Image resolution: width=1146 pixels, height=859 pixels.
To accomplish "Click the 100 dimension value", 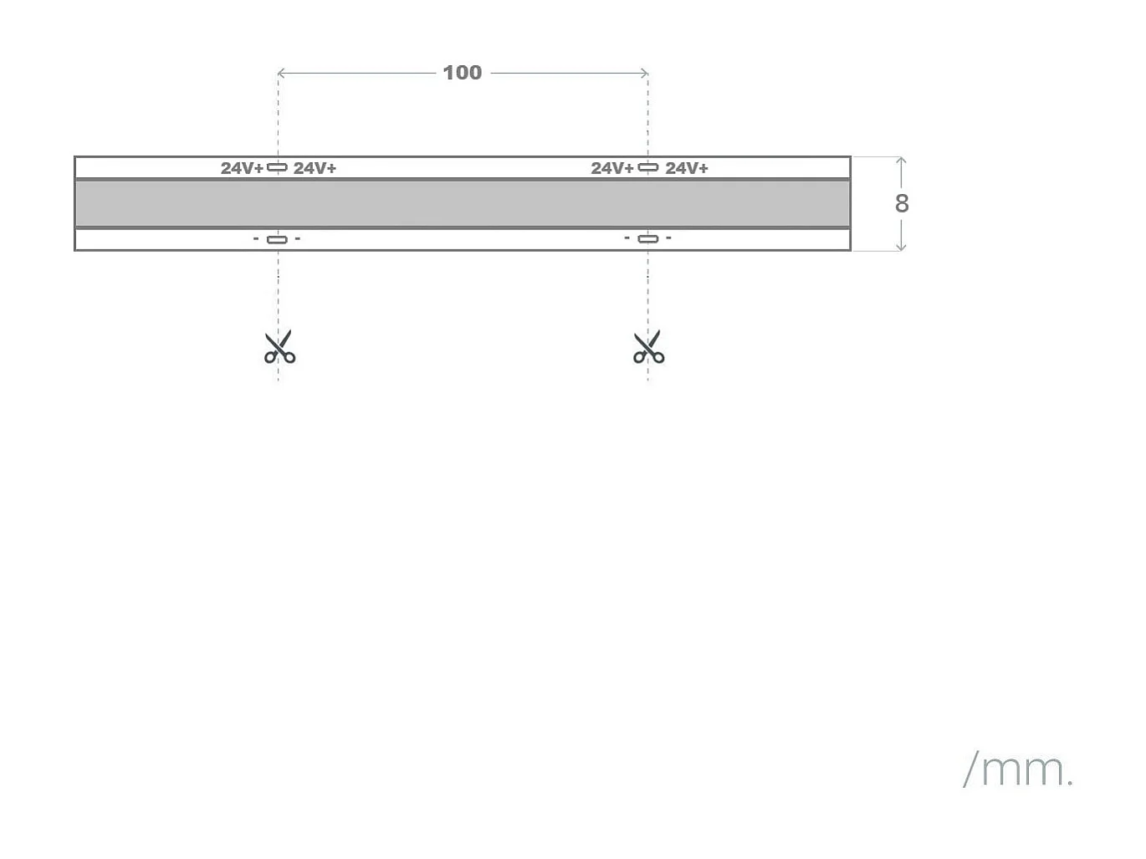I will pyautogui.click(x=462, y=73).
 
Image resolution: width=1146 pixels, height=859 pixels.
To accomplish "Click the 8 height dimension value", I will pyautogui.click(x=901, y=203).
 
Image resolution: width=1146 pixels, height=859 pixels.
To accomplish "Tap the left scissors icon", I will pyautogui.click(x=279, y=347).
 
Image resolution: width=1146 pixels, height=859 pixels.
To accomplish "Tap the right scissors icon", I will pyautogui.click(x=648, y=347).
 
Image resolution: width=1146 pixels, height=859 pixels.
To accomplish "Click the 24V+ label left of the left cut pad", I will pyautogui.click(x=242, y=168).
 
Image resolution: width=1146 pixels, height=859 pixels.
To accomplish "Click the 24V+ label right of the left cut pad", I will pyautogui.click(x=315, y=168).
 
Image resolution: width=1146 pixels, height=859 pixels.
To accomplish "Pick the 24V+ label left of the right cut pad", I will pyautogui.click(x=612, y=168).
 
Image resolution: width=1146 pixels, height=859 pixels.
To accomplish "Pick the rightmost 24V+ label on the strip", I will pyautogui.click(x=686, y=168).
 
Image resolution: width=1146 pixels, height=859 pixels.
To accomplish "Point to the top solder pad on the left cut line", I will pyautogui.click(x=277, y=167).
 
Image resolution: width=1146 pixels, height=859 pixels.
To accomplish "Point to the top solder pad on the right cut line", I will pyautogui.click(x=648, y=167).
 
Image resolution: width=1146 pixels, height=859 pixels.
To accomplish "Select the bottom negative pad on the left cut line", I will pyautogui.click(x=277, y=239).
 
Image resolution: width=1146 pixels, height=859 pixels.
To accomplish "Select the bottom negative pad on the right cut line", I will pyautogui.click(x=648, y=238).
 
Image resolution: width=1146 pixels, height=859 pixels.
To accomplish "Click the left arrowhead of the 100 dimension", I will pyautogui.click(x=280, y=73).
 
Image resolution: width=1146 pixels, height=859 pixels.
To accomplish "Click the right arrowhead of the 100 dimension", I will pyautogui.click(x=645, y=73).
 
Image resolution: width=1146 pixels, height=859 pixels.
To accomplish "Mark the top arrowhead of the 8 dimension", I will pyautogui.click(x=901, y=160).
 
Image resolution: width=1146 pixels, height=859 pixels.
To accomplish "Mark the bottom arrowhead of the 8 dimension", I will pyautogui.click(x=901, y=247).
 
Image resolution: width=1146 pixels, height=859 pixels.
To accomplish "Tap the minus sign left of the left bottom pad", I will pyautogui.click(x=256, y=239).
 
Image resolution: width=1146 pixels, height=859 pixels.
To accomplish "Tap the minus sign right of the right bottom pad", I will pyautogui.click(x=668, y=238).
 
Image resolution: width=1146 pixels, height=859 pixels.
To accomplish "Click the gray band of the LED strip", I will pyautogui.click(x=463, y=203).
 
